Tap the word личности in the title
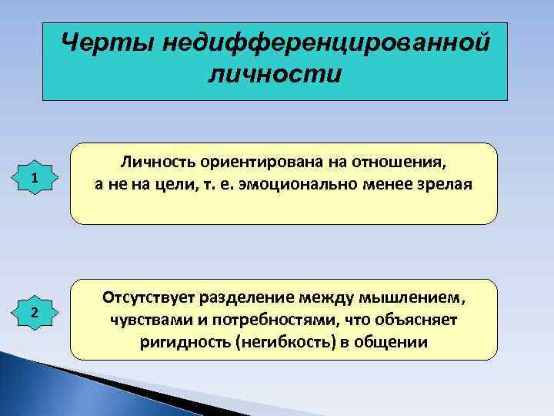click(274, 75)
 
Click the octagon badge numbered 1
click(35, 179)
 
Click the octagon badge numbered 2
click(35, 312)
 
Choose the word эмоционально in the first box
click(295, 185)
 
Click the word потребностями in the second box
click(248, 319)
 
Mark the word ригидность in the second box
click(176, 341)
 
